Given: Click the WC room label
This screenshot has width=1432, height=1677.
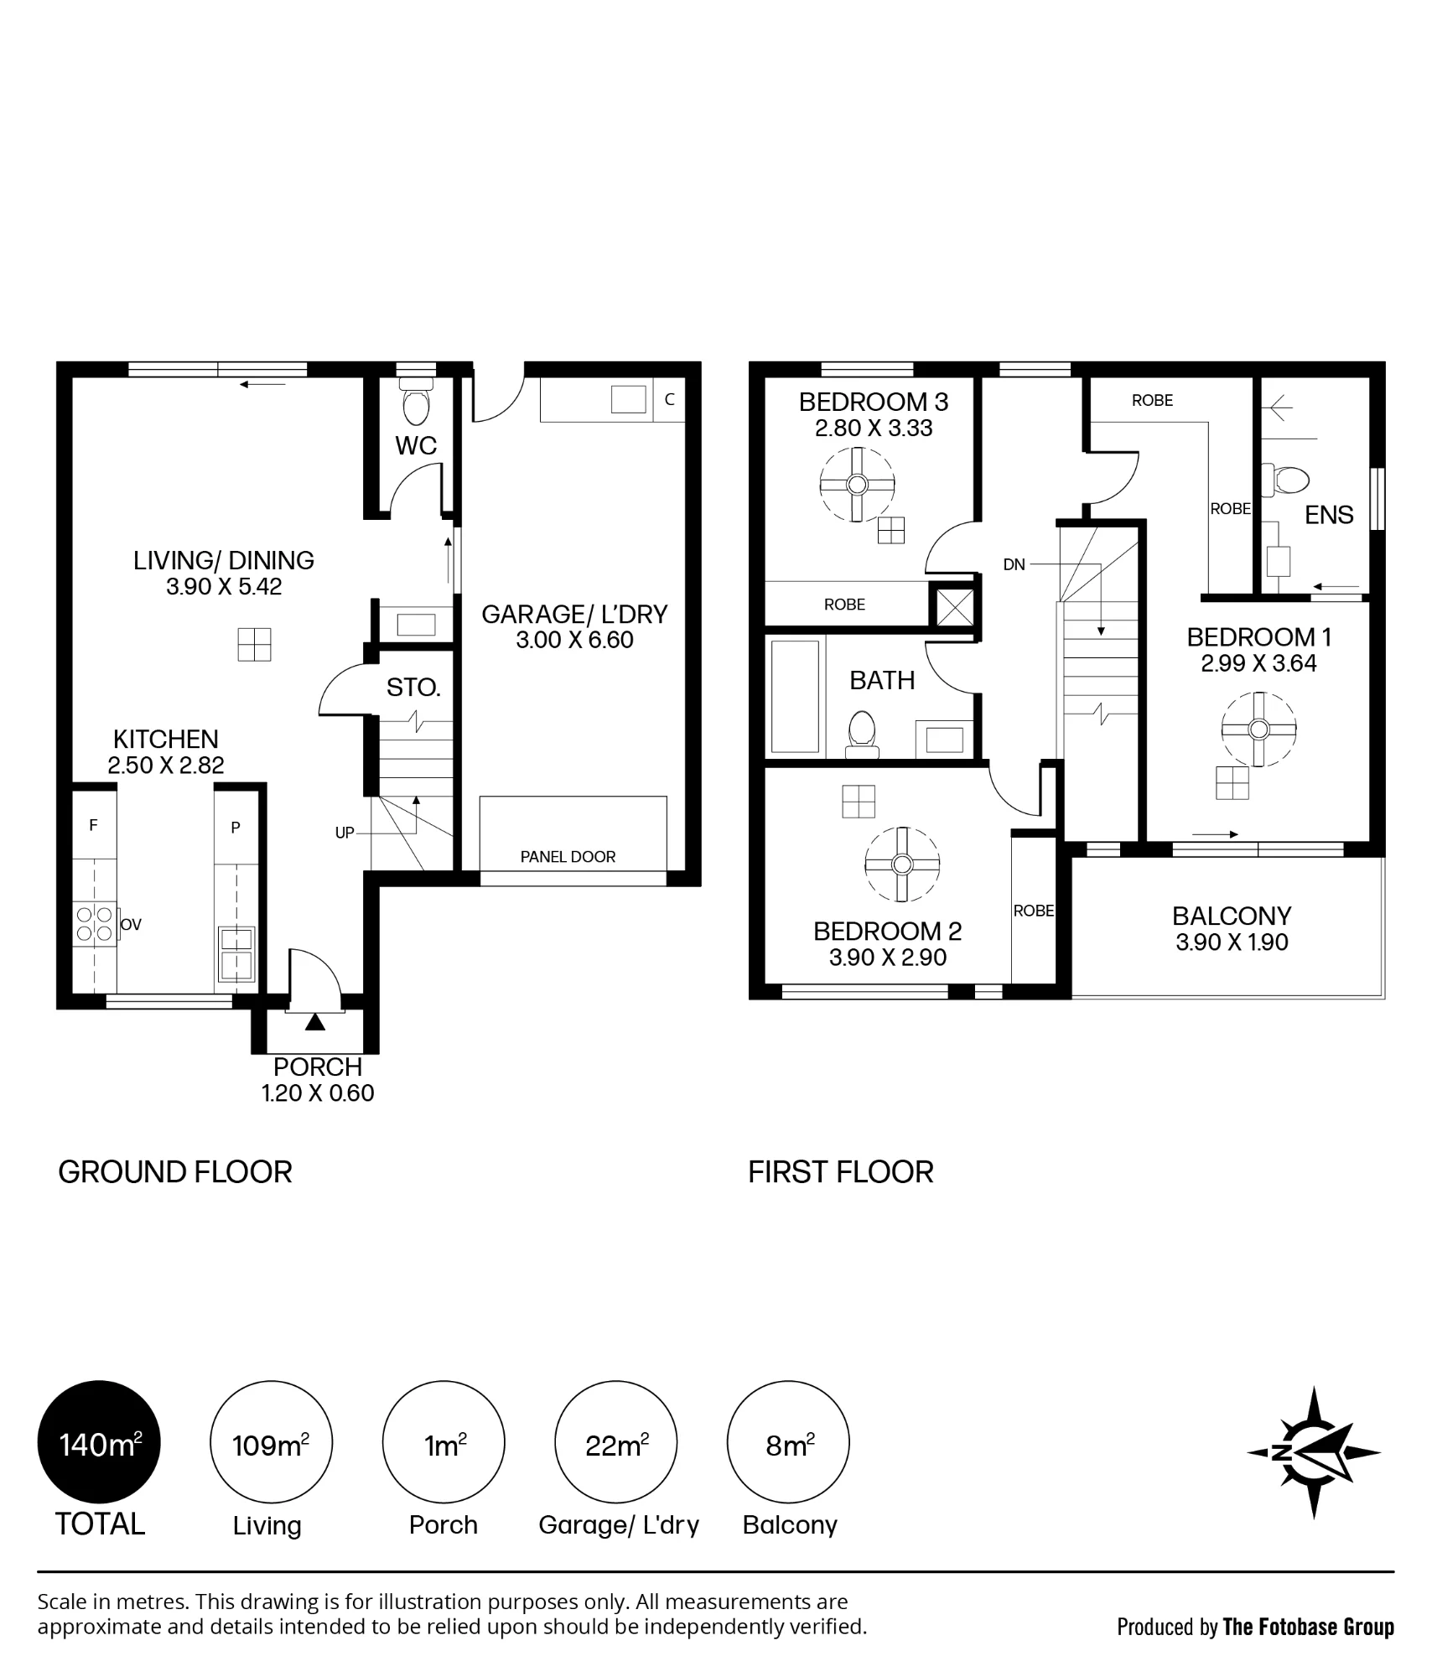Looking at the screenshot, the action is [416, 445].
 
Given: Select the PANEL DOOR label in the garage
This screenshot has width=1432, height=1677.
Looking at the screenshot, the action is [568, 857].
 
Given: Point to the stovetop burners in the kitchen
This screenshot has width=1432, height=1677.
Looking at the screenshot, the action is [95, 923].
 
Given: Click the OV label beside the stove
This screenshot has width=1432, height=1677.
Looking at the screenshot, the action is [131, 925].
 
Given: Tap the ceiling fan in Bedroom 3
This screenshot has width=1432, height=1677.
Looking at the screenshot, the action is [857, 485].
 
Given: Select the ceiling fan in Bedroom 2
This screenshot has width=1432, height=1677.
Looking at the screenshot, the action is [902, 864].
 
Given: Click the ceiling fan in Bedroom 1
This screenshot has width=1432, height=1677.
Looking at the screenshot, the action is [1258, 729].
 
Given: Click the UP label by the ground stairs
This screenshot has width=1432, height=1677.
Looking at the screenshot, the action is [345, 833].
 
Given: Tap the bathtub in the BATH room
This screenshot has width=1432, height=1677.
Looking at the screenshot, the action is [795, 697].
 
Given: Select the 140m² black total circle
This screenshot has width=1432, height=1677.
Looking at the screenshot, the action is [99, 1443].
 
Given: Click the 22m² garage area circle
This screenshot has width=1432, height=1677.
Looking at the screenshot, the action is [616, 1443].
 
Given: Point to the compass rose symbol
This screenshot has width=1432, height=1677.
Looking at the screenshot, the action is [1313, 1453].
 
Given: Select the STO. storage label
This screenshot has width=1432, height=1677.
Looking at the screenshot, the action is [413, 688].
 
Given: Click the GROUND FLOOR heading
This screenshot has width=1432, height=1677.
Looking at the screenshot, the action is [175, 1172].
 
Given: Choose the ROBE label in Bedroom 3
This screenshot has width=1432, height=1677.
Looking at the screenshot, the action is [844, 605].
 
